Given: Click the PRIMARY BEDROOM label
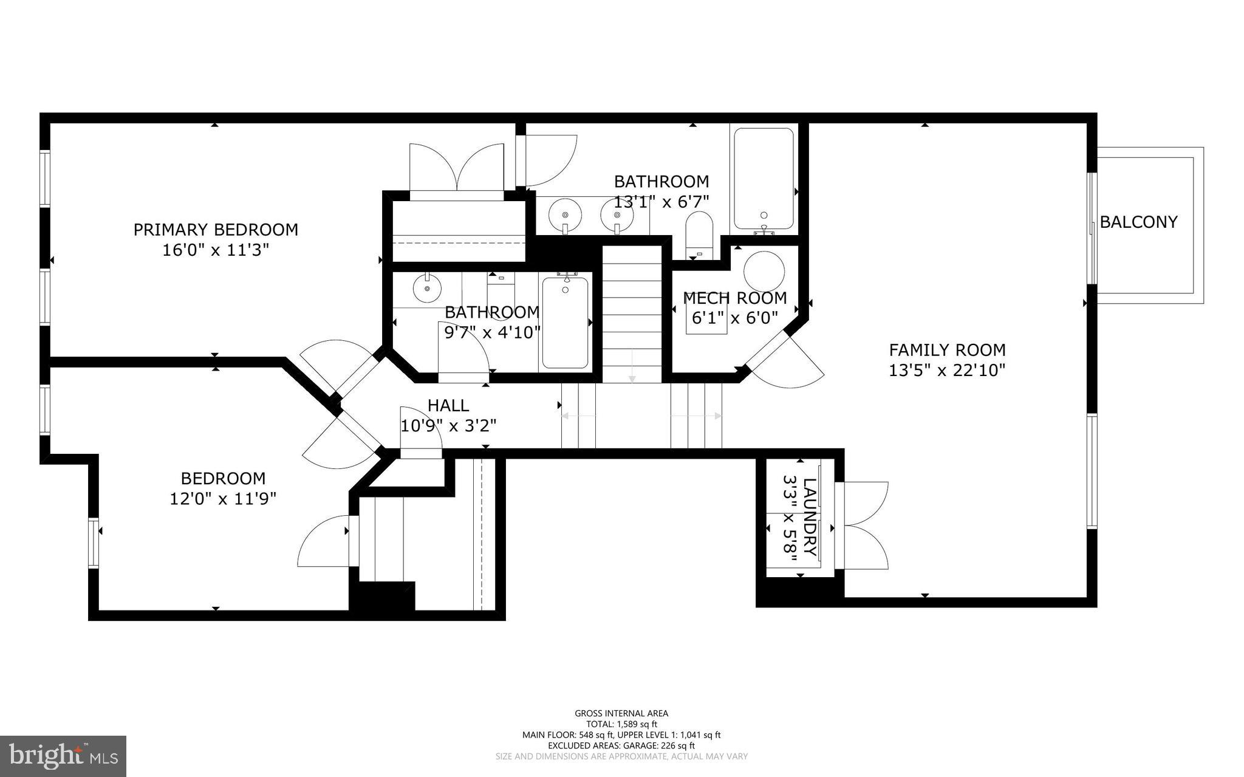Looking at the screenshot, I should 216,230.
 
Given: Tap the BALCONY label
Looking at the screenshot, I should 1138,222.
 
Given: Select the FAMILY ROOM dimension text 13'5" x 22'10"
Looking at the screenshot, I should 947,370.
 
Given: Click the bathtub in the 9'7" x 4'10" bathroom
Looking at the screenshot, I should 565,323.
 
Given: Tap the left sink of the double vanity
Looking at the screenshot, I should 565,214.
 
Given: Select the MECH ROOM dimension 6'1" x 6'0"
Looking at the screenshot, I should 735,318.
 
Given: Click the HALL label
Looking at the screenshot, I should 448,405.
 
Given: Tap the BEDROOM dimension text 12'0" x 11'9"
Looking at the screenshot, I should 223,499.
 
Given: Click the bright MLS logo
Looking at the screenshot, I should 63,756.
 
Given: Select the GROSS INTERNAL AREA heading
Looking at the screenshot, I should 621,713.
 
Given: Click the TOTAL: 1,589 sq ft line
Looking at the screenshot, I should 621,724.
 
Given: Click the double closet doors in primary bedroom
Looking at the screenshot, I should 457,168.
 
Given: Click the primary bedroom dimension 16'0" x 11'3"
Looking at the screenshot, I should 216,250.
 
